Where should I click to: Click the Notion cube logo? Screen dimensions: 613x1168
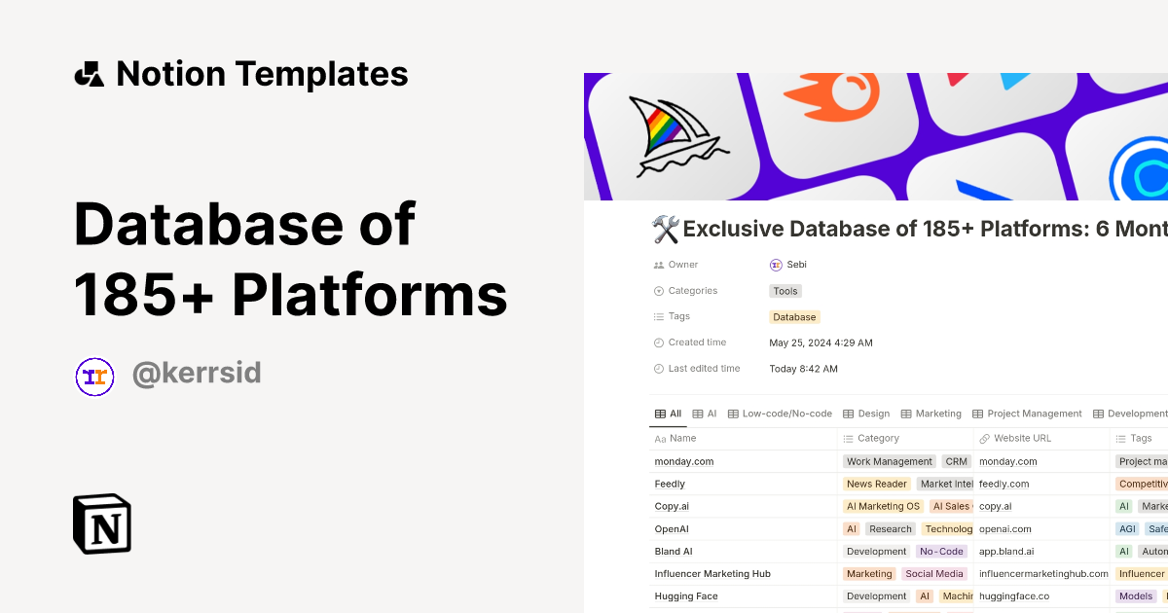(102, 523)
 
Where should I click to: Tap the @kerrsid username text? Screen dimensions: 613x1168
(197, 374)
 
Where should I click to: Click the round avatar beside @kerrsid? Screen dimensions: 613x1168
(95, 377)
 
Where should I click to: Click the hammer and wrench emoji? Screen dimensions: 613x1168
(665, 230)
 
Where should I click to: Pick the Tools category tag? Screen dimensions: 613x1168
(785, 291)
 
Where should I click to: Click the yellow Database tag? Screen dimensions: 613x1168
(794, 317)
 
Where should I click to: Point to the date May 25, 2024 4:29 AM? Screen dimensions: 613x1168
(821, 343)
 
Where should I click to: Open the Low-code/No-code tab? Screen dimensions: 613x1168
(786, 414)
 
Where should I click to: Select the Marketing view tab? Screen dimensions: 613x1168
(938, 414)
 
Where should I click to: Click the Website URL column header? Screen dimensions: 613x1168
(1022, 439)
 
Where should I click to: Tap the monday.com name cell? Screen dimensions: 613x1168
(684, 461)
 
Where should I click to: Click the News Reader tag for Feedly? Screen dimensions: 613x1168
(876, 484)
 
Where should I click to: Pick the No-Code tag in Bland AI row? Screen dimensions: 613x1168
(941, 552)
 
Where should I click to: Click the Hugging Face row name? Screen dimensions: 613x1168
(686, 596)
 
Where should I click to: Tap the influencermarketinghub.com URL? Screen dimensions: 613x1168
(1043, 574)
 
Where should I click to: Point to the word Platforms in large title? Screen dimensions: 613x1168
(370, 294)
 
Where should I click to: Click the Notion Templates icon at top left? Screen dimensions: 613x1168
(89, 74)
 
